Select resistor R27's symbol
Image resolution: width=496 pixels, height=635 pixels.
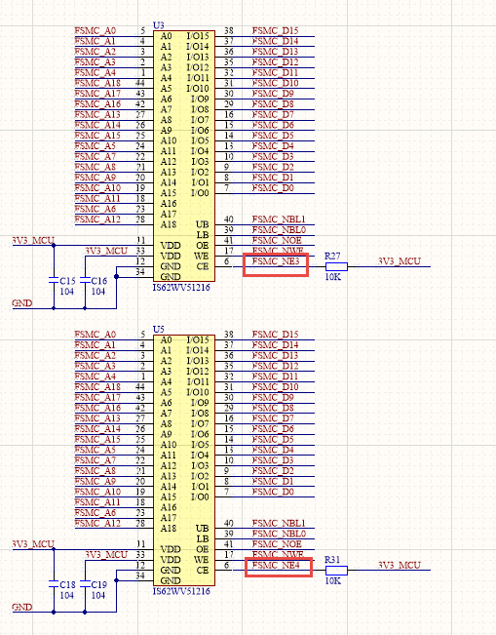coord(333,263)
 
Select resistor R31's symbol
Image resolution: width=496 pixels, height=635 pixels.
coord(333,567)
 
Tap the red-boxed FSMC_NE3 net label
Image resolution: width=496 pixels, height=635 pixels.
coord(277,261)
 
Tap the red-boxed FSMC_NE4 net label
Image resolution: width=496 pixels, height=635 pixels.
coord(277,565)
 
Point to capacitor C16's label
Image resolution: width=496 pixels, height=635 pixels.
coord(98,281)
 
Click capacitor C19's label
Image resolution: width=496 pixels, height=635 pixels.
coord(98,585)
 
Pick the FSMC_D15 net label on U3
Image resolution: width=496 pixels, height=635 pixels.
coord(275,31)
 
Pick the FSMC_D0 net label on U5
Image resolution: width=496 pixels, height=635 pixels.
coord(273,492)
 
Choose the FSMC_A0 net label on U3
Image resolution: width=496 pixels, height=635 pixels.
coord(95,31)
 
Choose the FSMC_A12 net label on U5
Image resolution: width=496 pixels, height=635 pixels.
coord(96,524)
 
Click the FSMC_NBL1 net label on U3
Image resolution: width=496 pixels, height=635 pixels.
coord(279,219)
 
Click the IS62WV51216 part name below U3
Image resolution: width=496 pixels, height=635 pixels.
coord(182,290)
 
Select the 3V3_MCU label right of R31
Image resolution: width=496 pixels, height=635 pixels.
coord(399,565)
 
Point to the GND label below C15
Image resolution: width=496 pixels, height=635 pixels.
coord(21,303)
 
